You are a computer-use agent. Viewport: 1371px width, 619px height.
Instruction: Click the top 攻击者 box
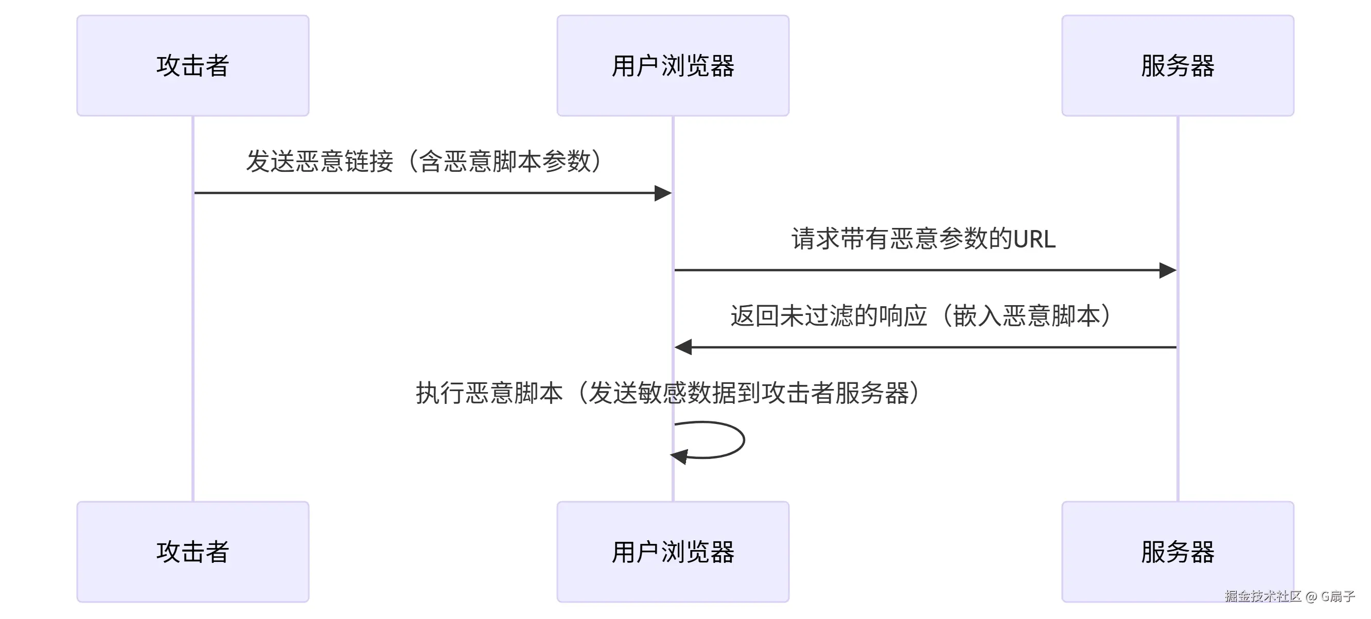pos(192,65)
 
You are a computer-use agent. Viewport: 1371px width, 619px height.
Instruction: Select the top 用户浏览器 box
pos(673,65)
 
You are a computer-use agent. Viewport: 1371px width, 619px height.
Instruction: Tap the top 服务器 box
pos(1177,65)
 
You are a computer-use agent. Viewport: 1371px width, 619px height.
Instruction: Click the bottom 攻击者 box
pos(192,552)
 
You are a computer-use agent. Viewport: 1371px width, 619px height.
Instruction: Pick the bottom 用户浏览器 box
pos(673,552)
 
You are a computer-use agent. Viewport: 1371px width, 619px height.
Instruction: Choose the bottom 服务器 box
pos(1177,552)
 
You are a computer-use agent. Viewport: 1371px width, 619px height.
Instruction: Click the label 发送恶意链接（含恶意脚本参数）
pos(424,161)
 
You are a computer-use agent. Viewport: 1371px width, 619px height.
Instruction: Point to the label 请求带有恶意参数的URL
pos(923,238)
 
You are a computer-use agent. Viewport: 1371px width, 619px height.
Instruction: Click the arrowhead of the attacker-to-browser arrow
pos(663,193)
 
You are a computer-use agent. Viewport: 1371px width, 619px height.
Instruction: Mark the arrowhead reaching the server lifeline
pos(1168,270)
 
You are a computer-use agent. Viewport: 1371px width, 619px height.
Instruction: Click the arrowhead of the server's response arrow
pos(683,347)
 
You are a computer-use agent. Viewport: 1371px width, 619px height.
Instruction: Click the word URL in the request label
pos(1034,239)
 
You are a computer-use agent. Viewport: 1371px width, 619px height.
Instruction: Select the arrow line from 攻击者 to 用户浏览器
pos(426,193)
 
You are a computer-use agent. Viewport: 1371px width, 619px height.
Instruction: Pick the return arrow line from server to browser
pos(931,347)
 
